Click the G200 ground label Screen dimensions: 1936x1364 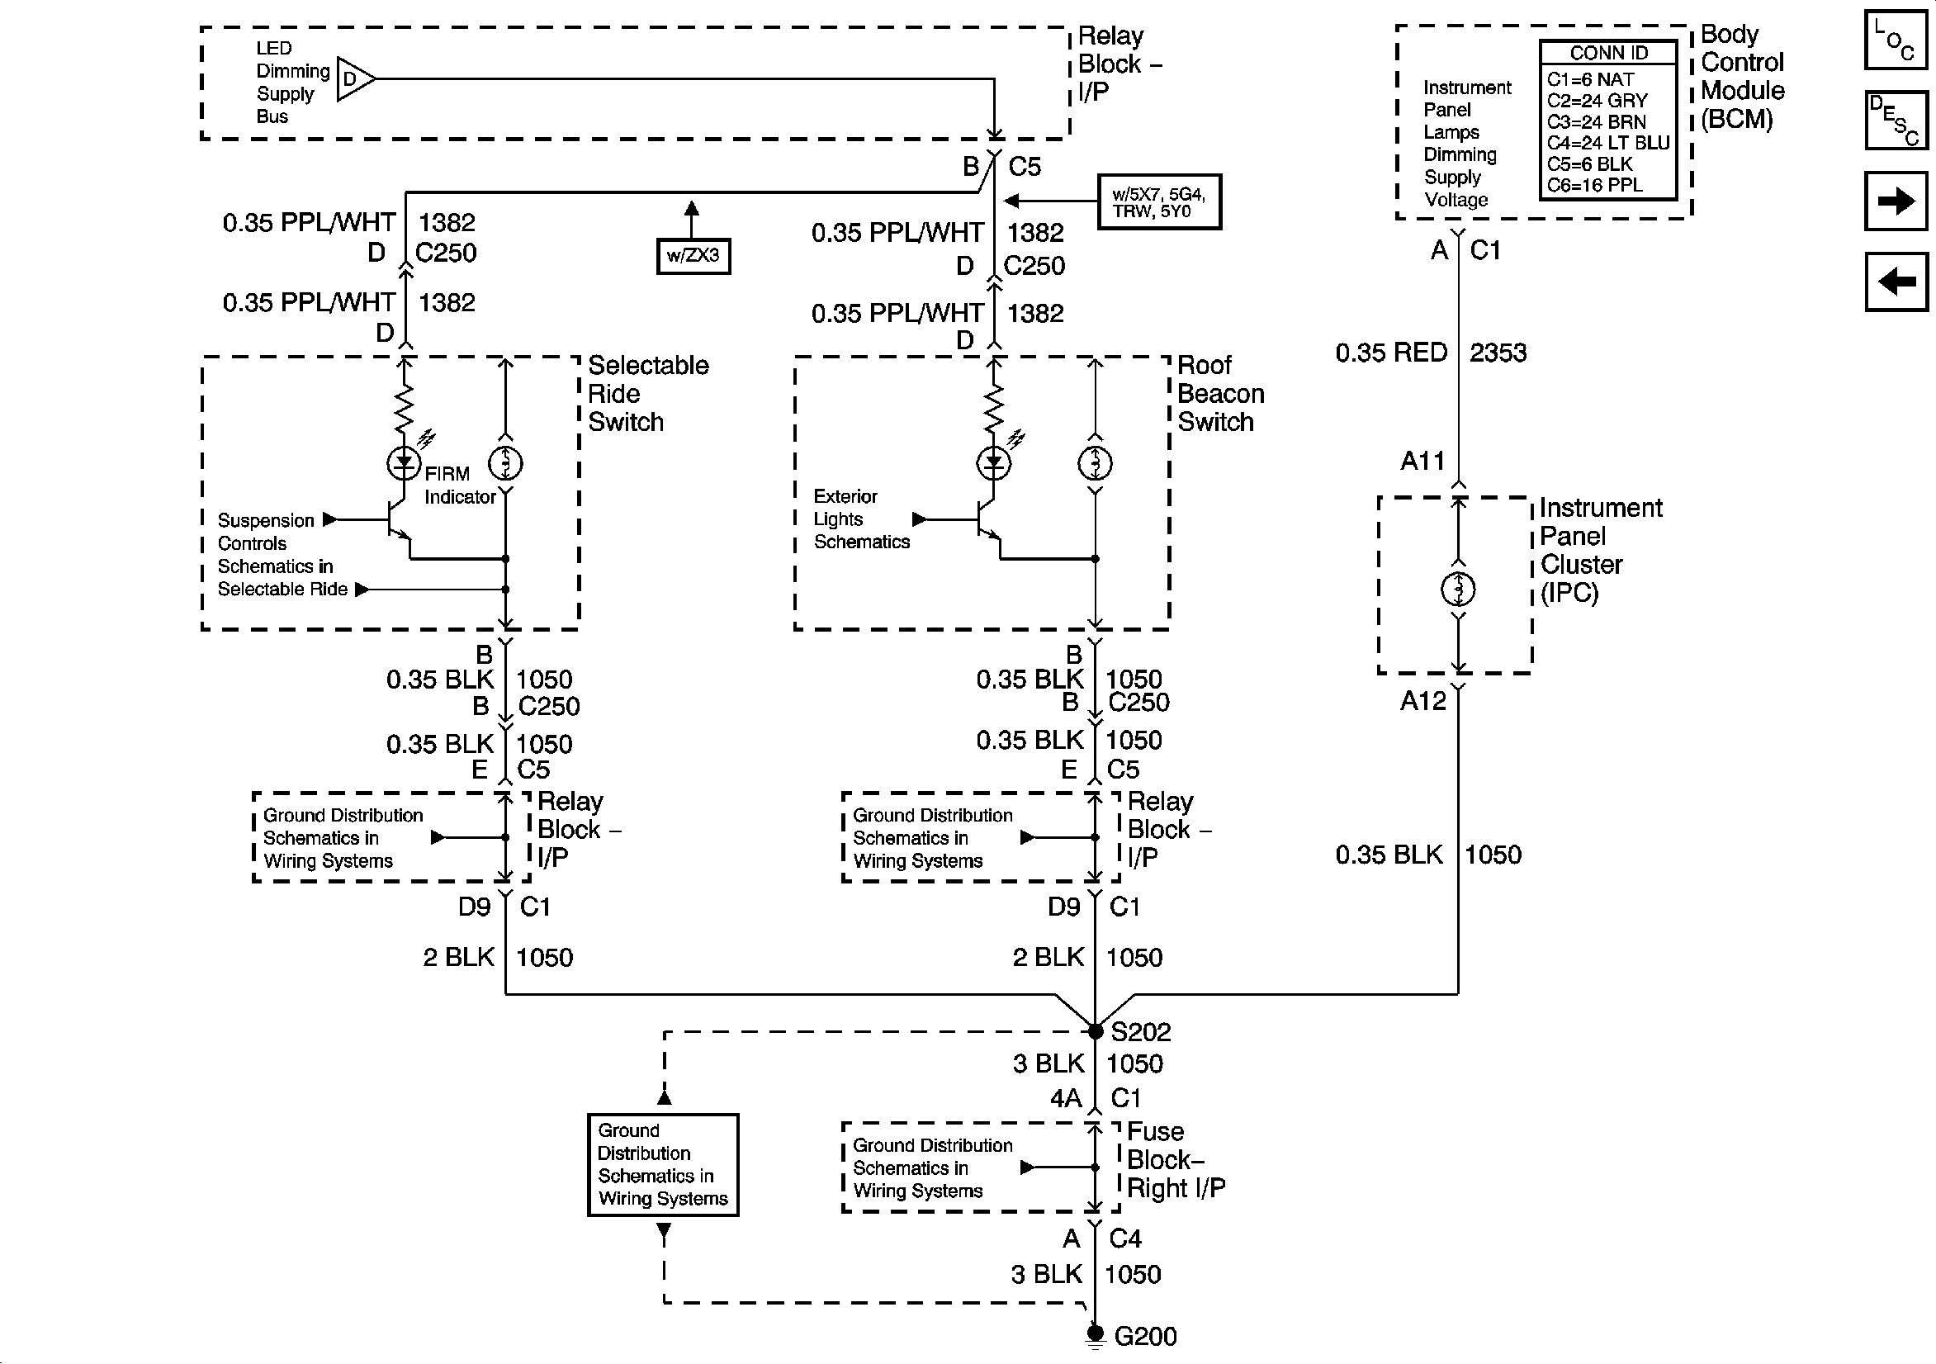tap(1145, 1336)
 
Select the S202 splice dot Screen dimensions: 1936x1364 tap(1095, 1031)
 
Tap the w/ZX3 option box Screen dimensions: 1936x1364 tap(693, 256)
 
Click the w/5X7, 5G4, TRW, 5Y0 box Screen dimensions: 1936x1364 tap(1159, 201)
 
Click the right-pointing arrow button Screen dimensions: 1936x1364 tap(1896, 201)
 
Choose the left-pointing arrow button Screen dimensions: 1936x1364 tap(1896, 282)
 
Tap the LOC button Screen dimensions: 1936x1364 tap(1896, 39)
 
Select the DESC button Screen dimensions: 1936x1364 tap(1896, 120)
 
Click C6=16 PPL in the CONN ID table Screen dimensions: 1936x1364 tap(1594, 186)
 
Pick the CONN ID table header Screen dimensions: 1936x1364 tap(1608, 52)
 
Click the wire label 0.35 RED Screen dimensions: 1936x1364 tap(1391, 353)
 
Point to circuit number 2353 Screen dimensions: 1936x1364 tap(1498, 353)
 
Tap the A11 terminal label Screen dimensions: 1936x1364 tap(1422, 461)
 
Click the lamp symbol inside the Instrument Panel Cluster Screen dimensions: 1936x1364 tap(1458, 589)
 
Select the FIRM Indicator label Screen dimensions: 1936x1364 tap(460, 485)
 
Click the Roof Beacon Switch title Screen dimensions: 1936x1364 tap(1221, 393)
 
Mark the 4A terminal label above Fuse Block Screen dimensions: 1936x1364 tap(1066, 1097)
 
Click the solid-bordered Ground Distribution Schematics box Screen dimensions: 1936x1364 tap(663, 1165)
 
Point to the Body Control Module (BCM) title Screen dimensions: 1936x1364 tap(1742, 77)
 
